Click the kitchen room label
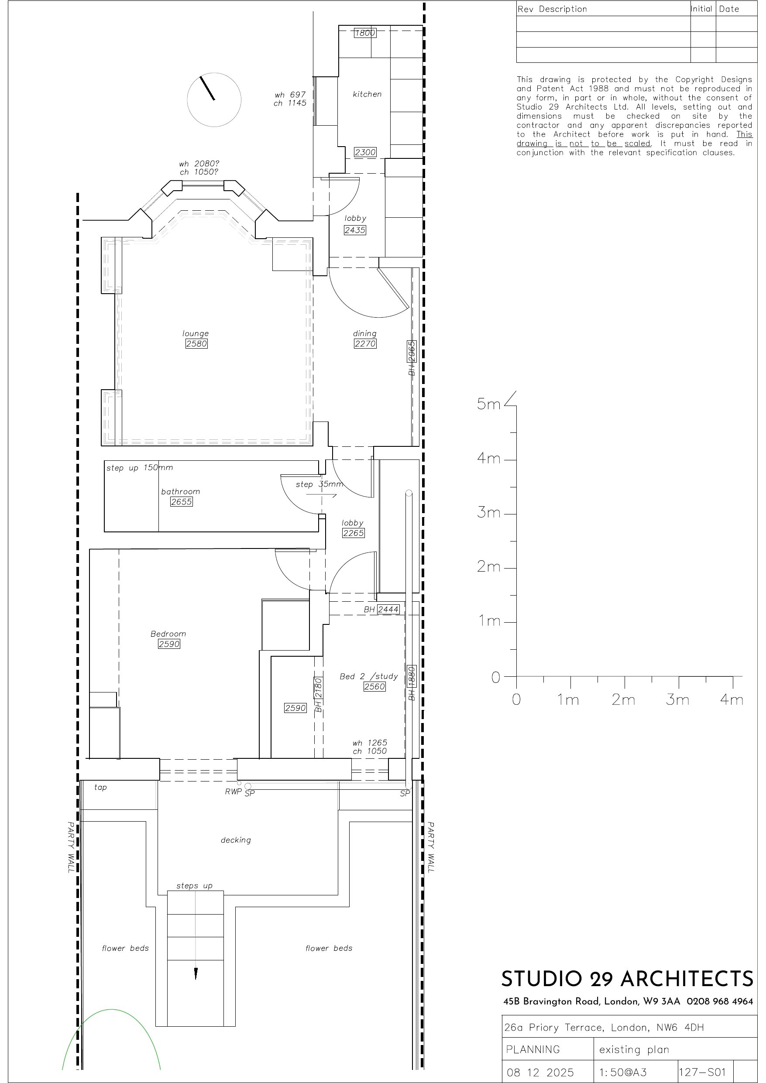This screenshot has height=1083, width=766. click(x=367, y=94)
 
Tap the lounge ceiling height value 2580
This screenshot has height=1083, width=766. click(x=196, y=343)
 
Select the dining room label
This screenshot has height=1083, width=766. click(x=365, y=333)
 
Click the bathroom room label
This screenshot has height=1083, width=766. click(x=180, y=491)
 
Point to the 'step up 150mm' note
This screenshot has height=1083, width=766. click(x=140, y=467)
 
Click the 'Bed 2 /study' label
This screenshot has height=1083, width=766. click(x=369, y=676)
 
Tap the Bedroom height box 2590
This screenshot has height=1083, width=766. click(x=169, y=644)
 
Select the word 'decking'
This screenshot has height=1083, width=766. click(x=236, y=840)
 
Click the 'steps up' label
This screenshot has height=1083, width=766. click(x=195, y=886)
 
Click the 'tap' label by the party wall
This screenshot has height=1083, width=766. click(x=100, y=787)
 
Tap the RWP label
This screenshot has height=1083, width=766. click(x=233, y=792)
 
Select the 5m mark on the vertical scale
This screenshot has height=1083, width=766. click(x=488, y=404)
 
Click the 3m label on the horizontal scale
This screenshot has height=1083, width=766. click(x=678, y=699)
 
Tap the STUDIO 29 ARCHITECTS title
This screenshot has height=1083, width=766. click(x=627, y=979)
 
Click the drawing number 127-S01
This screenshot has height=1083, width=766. click(x=702, y=1072)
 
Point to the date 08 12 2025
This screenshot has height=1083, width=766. click(x=540, y=1073)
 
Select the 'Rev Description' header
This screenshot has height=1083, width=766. click(x=552, y=9)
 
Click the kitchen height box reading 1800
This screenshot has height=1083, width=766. click(x=365, y=33)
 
